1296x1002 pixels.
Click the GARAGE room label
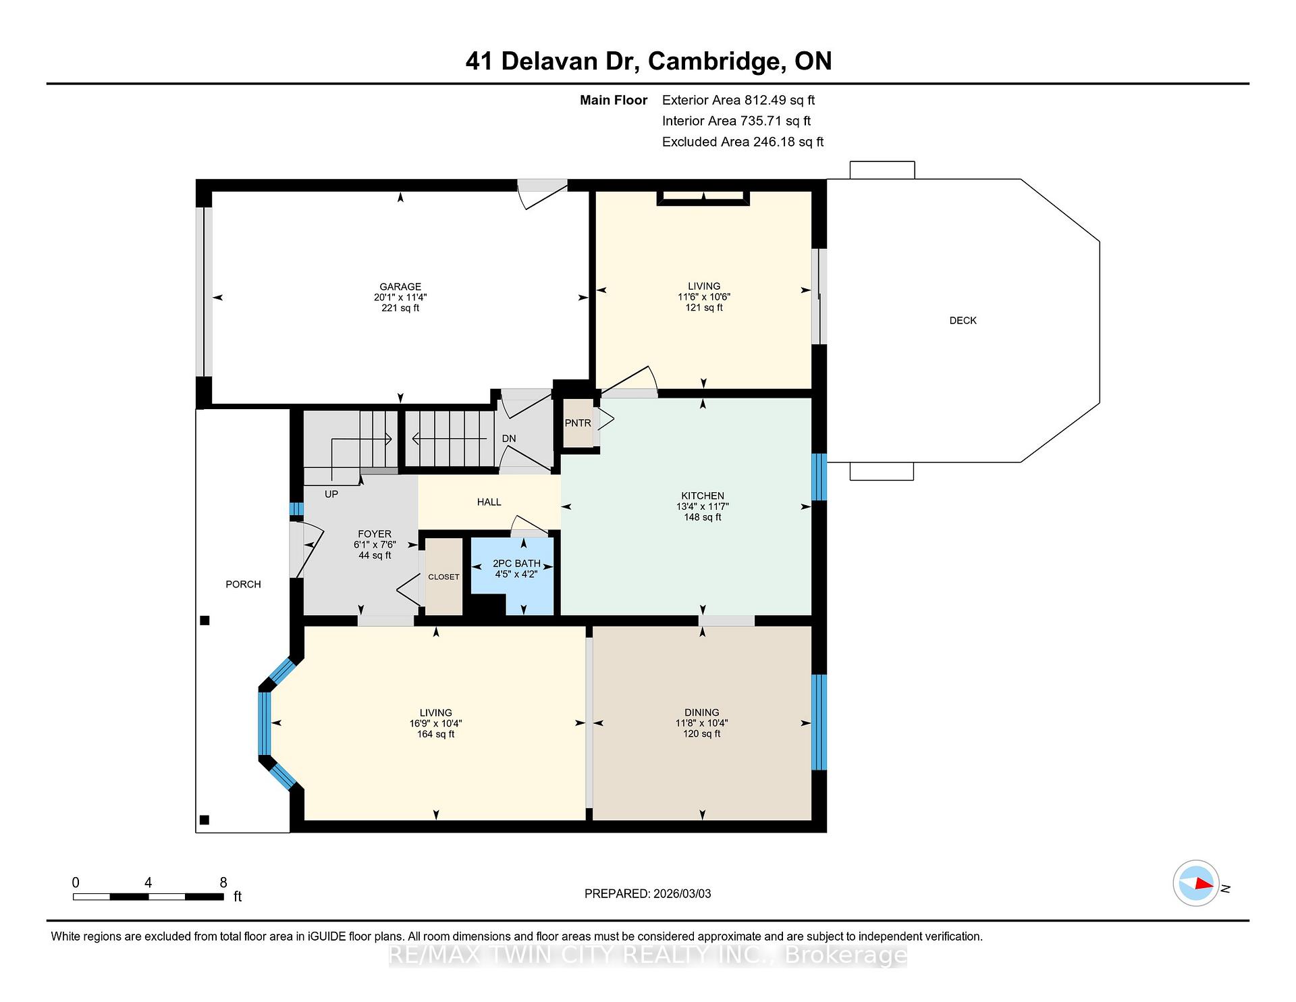[400, 286]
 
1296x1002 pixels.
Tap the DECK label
[963, 321]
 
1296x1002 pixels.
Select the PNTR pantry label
[578, 423]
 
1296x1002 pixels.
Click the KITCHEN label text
[703, 496]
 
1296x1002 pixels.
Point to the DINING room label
[702, 712]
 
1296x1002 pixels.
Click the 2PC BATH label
[516, 563]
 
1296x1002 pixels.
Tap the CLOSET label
[443, 577]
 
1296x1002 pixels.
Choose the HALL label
[489, 502]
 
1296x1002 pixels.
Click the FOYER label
[375, 534]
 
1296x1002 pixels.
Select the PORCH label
[243, 584]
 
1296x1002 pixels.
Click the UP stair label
[331, 494]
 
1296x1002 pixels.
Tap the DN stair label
[509, 438]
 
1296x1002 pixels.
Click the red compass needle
[1203, 883]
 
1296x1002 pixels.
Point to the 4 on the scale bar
[148, 882]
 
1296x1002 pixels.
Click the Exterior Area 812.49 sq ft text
[738, 100]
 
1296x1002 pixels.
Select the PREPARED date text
[648, 893]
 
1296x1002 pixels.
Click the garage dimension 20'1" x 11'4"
[400, 297]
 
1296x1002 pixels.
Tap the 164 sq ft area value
[435, 734]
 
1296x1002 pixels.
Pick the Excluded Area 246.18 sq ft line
[743, 142]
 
